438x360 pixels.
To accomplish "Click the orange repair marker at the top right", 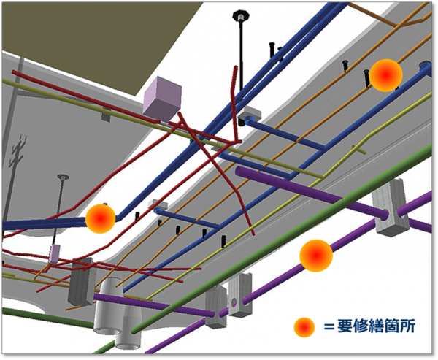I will point(385,74).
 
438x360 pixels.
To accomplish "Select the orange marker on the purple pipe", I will point(316,255).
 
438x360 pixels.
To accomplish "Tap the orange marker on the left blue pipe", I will point(101,218).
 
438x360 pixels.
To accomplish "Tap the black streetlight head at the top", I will point(240,15).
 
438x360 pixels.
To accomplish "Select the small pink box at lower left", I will point(54,253).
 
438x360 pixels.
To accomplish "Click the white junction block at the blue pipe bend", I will point(250,113).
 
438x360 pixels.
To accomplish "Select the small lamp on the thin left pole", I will point(63,177).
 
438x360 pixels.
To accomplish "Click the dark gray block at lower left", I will point(81,281).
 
